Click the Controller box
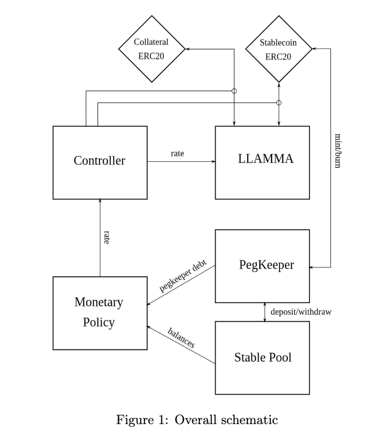100,162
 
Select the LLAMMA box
262,162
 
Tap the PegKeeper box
262,266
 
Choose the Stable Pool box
262,358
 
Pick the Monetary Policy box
100,313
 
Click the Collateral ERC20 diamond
152,49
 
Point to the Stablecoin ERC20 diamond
279,49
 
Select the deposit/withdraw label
301,312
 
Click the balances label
181,338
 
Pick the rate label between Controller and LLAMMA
177,154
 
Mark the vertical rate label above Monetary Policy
107,237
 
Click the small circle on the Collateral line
234,91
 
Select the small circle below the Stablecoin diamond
279,103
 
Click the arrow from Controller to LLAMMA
181,162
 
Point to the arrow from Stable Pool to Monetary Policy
181,345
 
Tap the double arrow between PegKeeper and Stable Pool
265,312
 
